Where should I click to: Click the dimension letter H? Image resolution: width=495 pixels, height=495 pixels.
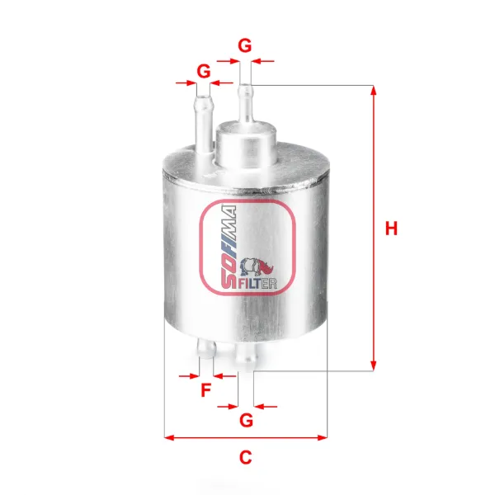[391, 229]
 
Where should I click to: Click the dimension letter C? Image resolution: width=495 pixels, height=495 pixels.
[246, 457]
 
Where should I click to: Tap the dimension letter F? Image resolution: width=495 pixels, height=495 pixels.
[205, 390]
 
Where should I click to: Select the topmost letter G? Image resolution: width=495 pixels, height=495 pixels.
[245, 45]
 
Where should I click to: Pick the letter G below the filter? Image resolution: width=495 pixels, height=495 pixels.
[246, 420]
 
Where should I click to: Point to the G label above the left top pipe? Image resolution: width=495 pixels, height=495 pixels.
[204, 71]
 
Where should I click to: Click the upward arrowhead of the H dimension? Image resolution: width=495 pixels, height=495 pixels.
[373, 90]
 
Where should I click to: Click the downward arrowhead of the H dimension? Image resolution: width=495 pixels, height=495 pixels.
[373, 366]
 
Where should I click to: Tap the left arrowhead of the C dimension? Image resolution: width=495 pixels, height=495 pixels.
[169, 437]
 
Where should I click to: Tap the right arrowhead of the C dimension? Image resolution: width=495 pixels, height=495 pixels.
[323, 437]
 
